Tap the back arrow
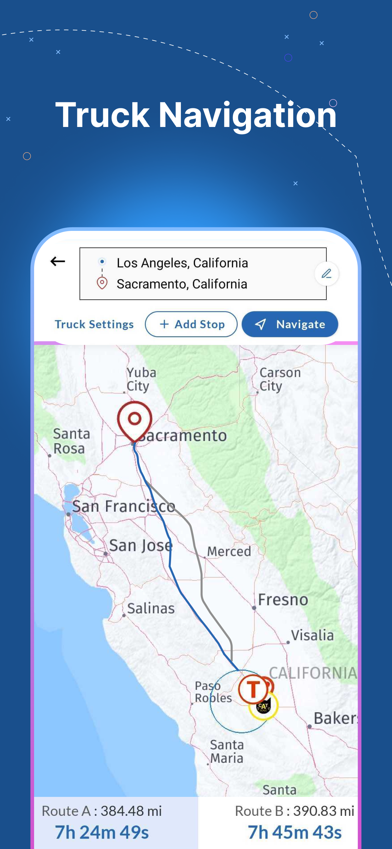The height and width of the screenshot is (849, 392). pos(58,261)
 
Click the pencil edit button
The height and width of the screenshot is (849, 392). pos(326,274)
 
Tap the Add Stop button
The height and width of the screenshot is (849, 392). pos(191,324)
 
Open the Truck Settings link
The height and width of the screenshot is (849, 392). pos(94,324)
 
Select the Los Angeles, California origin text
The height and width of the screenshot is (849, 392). pos(182,263)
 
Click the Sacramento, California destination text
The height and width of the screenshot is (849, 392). pos(182,284)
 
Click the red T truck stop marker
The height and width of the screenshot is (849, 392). pos(253,689)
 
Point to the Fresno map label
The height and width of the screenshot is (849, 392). pos(283,599)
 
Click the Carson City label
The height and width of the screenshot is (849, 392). pos(280,379)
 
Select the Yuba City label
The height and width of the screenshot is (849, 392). pos(141,379)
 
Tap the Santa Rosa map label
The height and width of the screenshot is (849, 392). pos(71,441)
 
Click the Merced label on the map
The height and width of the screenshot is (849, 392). pos(229,551)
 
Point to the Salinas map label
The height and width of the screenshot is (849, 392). pos(151,608)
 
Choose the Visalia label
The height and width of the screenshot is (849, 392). pos(312,635)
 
